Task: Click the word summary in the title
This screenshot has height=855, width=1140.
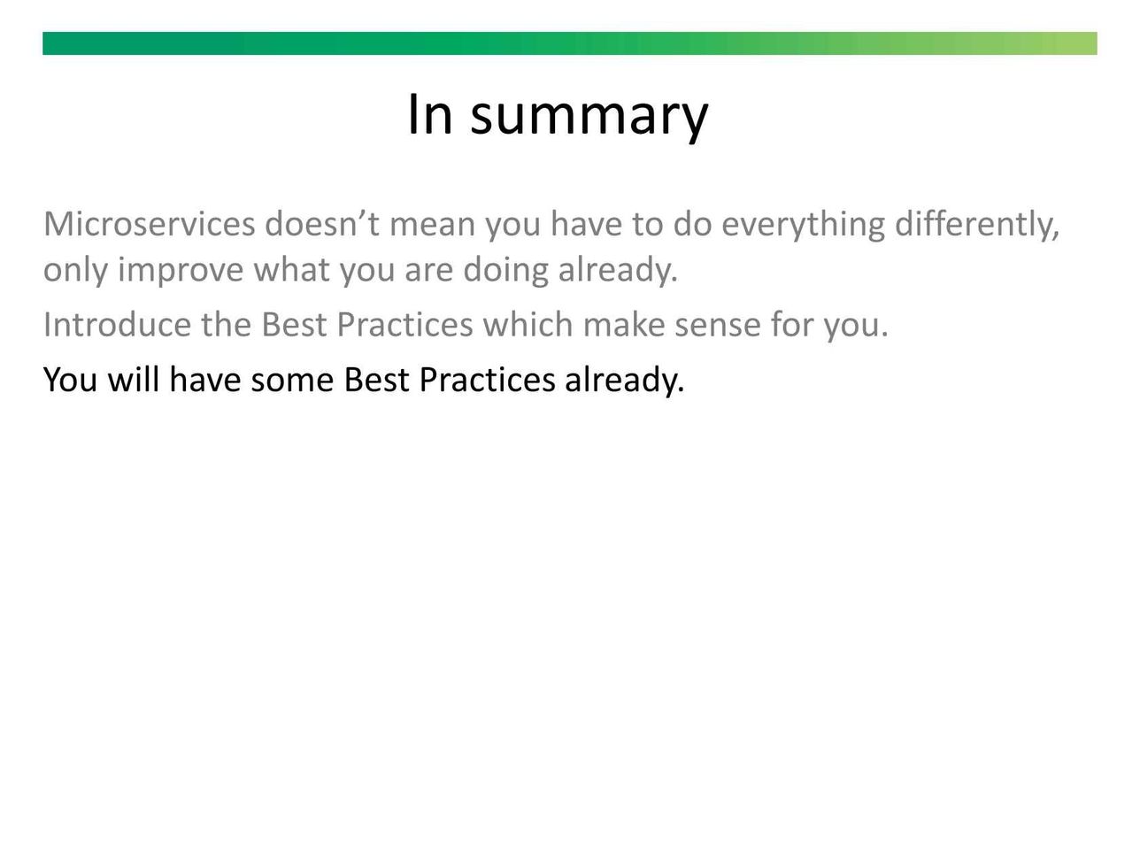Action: [589, 117]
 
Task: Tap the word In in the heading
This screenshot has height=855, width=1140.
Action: [429, 113]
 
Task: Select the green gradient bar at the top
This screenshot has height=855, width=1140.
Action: [570, 43]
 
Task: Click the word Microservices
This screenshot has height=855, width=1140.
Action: [149, 224]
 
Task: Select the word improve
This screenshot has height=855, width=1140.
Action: [181, 271]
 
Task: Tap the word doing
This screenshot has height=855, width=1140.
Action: [505, 271]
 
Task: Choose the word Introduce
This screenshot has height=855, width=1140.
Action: [118, 325]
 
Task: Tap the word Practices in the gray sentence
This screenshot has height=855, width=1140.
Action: [404, 325]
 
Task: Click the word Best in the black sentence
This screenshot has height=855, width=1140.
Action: [376, 380]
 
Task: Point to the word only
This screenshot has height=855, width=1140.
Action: [76, 271]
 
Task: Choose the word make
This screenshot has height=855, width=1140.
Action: [624, 325]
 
